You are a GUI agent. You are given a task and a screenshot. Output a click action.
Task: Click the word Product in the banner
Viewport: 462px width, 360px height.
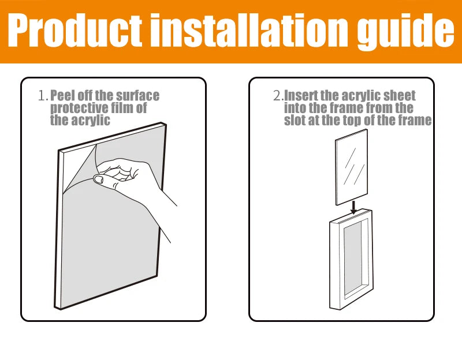click(x=75, y=30)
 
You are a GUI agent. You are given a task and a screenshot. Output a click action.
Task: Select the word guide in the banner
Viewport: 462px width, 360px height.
click(x=406, y=33)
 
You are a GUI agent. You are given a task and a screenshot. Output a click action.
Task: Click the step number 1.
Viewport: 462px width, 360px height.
click(x=43, y=96)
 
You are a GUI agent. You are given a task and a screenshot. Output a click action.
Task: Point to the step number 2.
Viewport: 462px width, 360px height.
click(x=278, y=96)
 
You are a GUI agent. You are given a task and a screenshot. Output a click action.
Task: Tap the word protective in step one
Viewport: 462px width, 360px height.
click(x=76, y=108)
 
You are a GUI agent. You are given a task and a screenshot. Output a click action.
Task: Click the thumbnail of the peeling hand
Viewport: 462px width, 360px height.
click(x=98, y=179)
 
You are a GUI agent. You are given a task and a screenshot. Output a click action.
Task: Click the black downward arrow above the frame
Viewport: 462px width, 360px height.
click(x=354, y=207)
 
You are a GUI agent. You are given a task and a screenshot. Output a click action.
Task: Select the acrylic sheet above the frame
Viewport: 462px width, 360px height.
click(x=352, y=167)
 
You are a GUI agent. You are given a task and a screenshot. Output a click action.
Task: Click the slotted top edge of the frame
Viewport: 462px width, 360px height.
click(x=351, y=216)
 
